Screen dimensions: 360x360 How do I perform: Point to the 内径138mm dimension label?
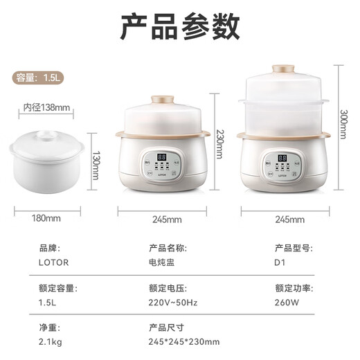[x=47, y=107]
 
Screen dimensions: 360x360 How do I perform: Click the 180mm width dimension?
[x=47, y=219]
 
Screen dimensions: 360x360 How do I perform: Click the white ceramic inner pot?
[x=47, y=160]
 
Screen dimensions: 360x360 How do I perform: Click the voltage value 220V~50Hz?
[x=174, y=303]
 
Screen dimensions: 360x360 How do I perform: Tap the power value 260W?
[x=285, y=303]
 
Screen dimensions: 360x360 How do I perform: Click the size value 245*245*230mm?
[x=184, y=341]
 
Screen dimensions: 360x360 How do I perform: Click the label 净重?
[x=47, y=326]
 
